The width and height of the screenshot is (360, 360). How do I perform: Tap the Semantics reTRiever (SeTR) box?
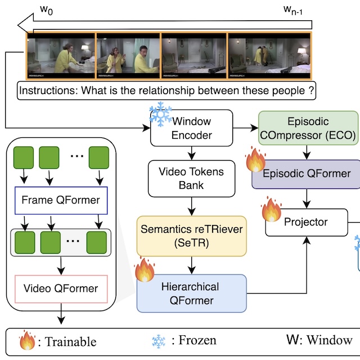(x=191, y=236)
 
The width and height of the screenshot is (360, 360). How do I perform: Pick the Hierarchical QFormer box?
(x=191, y=294)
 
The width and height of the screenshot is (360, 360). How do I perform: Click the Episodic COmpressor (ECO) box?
(x=308, y=128)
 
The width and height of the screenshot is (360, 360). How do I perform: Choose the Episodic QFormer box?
(x=307, y=173)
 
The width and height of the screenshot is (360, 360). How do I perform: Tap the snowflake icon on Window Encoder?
(x=160, y=115)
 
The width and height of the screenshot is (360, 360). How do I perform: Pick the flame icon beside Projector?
(x=272, y=209)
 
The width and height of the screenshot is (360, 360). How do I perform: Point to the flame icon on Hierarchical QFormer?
(x=145, y=270)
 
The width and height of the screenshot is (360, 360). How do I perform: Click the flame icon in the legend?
(x=27, y=340)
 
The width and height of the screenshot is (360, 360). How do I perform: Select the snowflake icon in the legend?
(x=160, y=340)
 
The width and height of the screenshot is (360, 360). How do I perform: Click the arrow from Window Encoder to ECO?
(x=245, y=128)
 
